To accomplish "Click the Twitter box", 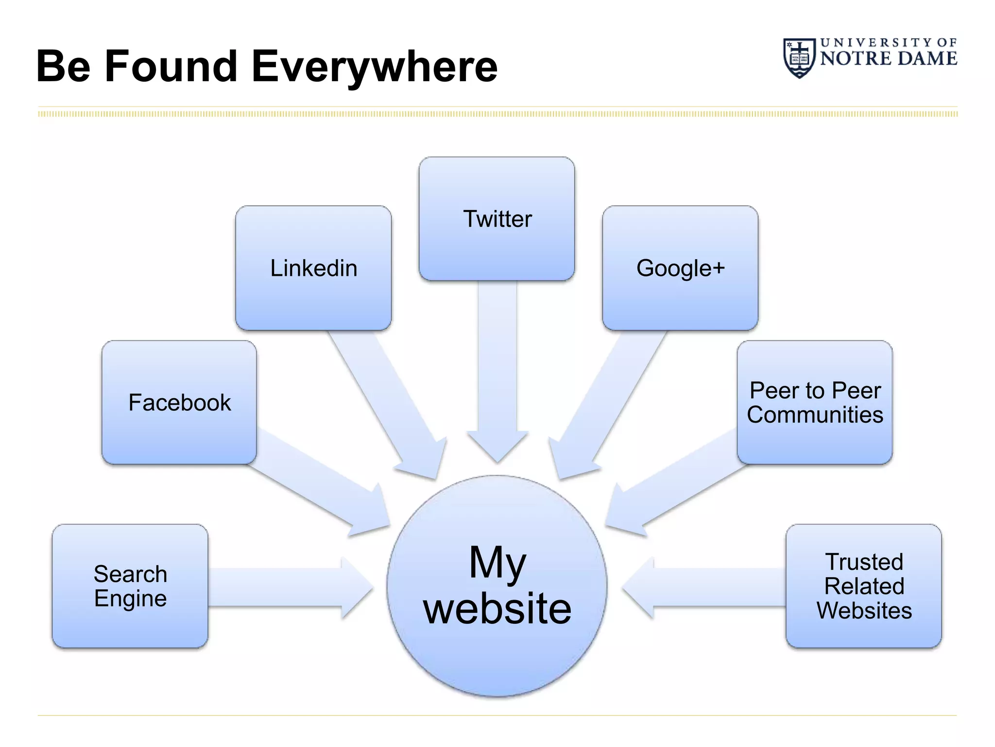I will click(497, 218).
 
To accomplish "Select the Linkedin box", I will click(313, 268).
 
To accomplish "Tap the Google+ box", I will click(680, 268).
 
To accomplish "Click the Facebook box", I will click(179, 402).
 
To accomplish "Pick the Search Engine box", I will click(130, 586).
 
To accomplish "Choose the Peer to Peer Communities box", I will click(814, 402).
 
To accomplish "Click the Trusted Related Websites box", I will click(863, 586).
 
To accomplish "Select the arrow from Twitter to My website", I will click(497, 370).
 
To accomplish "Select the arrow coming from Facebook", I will click(316, 481).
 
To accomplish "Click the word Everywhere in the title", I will click(374, 67).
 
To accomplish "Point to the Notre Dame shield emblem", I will click(799, 58).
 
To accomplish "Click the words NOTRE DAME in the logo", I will click(888, 58).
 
